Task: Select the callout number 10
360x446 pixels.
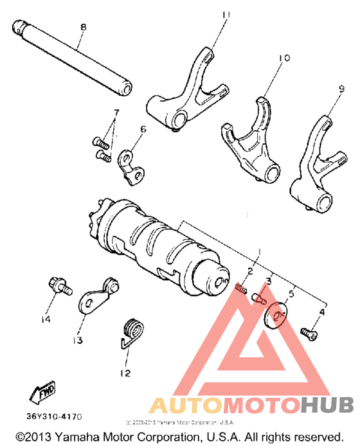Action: pyautogui.click(x=280, y=58)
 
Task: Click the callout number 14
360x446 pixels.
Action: pyautogui.click(x=45, y=319)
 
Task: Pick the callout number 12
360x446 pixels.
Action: pyautogui.click(x=124, y=372)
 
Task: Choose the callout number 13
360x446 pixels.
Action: pyautogui.click(x=78, y=341)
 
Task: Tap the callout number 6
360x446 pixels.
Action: pyautogui.click(x=143, y=129)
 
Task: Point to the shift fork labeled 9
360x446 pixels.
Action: pyautogui.click(x=314, y=164)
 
